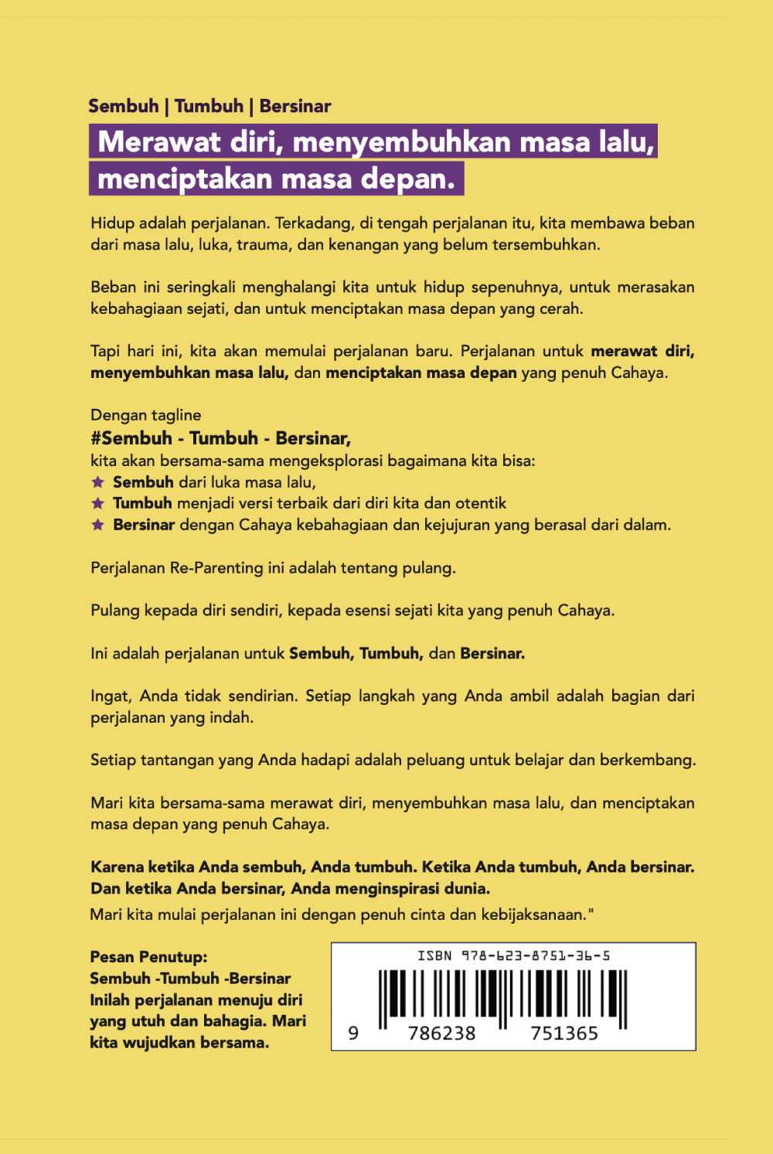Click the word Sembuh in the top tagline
(x=124, y=106)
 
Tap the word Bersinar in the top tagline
(x=295, y=106)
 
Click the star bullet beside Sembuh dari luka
(x=97, y=482)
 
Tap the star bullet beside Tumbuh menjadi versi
(x=97, y=503)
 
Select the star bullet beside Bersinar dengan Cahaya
(x=97, y=525)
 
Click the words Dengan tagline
(x=145, y=415)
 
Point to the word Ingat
(x=110, y=696)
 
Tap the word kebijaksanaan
(x=535, y=915)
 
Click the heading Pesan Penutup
(x=148, y=957)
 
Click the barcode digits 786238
(x=441, y=1033)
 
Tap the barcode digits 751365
(x=564, y=1033)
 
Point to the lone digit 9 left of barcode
(x=353, y=1033)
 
